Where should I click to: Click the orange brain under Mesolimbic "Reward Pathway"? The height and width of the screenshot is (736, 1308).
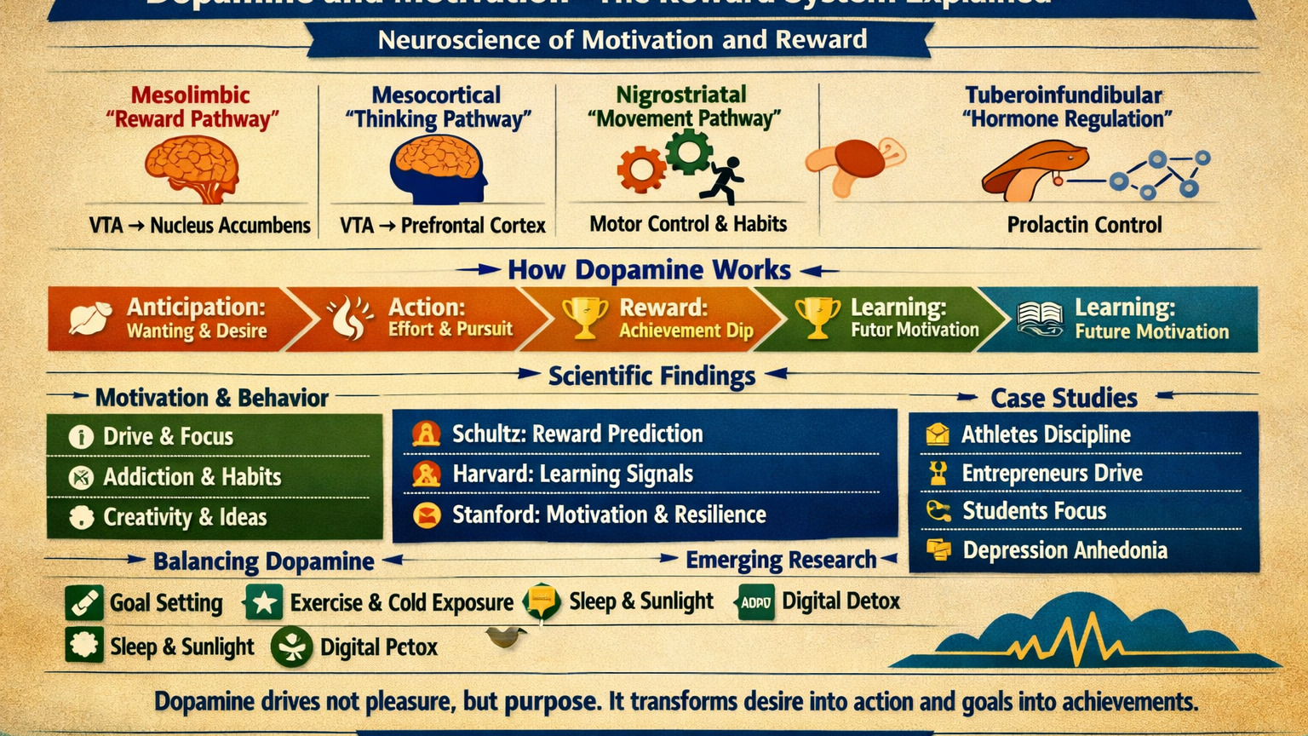pyautogui.click(x=192, y=169)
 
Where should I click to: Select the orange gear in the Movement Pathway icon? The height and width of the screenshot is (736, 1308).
pyautogui.click(x=640, y=170)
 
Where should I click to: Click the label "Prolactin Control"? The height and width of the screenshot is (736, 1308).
pyautogui.click(x=1084, y=225)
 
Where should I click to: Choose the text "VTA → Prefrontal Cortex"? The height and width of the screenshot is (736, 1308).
pyautogui.click(x=442, y=226)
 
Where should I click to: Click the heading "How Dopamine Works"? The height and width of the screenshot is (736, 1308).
pyautogui.click(x=649, y=270)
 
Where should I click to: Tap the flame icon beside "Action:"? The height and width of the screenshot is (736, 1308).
pyautogui.click(x=350, y=318)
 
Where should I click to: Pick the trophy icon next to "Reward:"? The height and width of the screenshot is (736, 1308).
pyautogui.click(x=585, y=319)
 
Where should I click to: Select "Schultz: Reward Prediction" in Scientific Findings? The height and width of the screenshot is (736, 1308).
pyautogui.click(x=577, y=434)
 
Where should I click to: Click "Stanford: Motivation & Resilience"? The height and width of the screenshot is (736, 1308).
pyautogui.click(x=608, y=515)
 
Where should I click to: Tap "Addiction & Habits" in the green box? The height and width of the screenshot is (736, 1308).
pyautogui.click(x=192, y=477)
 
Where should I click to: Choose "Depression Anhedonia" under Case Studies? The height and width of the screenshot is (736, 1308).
pyautogui.click(x=1064, y=550)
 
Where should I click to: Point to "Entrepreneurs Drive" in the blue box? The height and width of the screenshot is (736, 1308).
pyautogui.click(x=1052, y=474)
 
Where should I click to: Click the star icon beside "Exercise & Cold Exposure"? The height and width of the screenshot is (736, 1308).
pyautogui.click(x=263, y=603)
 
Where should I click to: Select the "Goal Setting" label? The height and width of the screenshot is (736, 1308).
pyautogui.click(x=166, y=603)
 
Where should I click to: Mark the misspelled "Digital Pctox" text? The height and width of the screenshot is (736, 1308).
pyautogui.click(x=378, y=647)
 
